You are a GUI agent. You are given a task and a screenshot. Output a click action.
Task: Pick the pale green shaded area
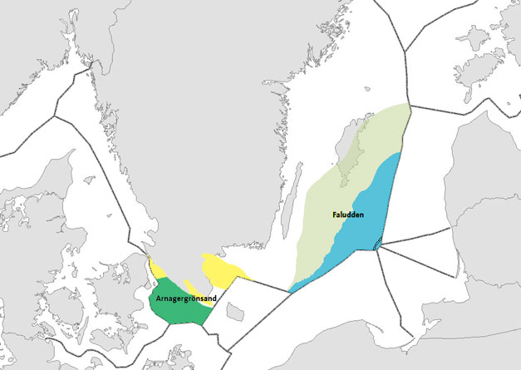point(324,233)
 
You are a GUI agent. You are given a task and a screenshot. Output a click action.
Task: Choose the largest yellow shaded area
point(220,270)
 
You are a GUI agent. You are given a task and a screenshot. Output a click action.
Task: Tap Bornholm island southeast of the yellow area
point(235,311)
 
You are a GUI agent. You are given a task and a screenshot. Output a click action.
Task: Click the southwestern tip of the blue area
point(290,290)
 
